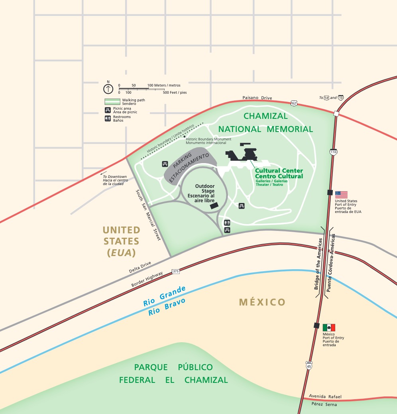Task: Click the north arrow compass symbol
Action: point(108,89)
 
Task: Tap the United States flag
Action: point(341,195)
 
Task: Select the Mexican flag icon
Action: point(329,327)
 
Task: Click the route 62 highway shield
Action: point(294,103)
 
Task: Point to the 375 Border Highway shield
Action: point(175,271)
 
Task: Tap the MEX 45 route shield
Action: point(309,365)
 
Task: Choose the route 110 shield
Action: point(333,152)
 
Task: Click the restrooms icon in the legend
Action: point(108,118)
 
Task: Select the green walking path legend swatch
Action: point(112,102)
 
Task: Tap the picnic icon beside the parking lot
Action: point(165,164)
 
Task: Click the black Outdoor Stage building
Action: point(214,205)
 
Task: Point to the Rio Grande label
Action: point(164,296)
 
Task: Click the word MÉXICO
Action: point(262,302)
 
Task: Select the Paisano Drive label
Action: point(257,98)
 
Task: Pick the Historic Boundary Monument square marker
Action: point(185,137)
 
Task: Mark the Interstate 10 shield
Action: point(340,98)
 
